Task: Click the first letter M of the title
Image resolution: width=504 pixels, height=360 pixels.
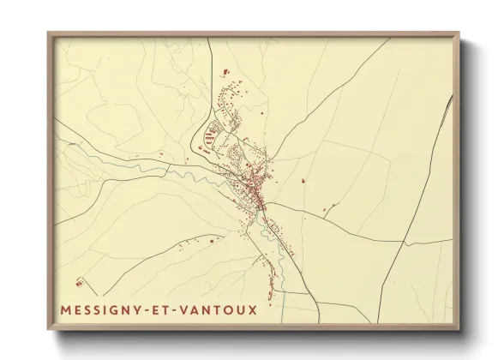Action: click(67, 309)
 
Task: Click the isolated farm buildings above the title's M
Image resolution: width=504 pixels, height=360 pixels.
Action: click(80, 281)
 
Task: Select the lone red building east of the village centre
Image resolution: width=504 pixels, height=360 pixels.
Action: click(303, 181)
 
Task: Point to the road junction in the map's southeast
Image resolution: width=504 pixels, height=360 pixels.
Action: click(403, 241)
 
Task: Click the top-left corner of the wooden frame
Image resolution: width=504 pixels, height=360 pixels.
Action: click(49, 33)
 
